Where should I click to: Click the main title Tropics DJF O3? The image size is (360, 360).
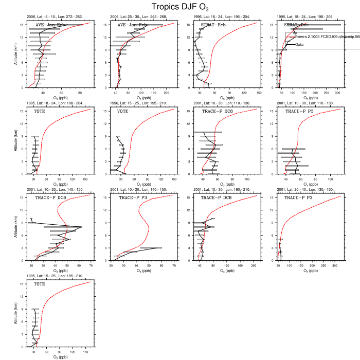tap(179, 7)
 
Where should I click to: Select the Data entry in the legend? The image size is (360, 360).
tap(300, 45)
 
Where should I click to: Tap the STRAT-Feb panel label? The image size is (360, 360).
tap(213, 25)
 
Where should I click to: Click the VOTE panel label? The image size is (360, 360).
tap(123, 111)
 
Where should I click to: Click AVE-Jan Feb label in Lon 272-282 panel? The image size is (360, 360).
tap(50, 25)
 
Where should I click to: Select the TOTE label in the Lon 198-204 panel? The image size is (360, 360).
tap(40, 111)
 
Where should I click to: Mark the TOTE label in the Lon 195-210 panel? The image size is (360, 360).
tap(40, 284)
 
